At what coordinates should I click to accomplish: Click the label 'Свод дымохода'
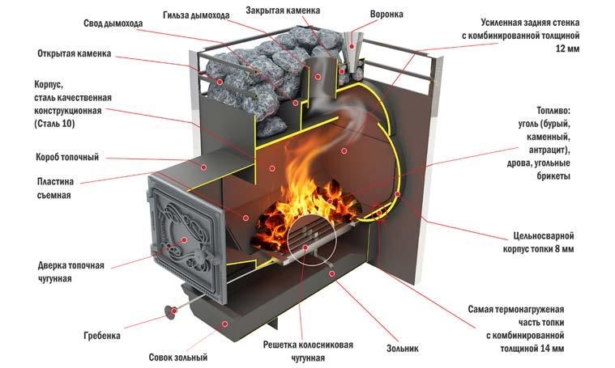pos(113,23)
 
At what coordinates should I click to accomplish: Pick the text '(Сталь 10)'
pos(59,124)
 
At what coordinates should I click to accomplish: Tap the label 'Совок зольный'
pos(178,357)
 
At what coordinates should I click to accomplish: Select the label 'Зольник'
pos(402,349)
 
